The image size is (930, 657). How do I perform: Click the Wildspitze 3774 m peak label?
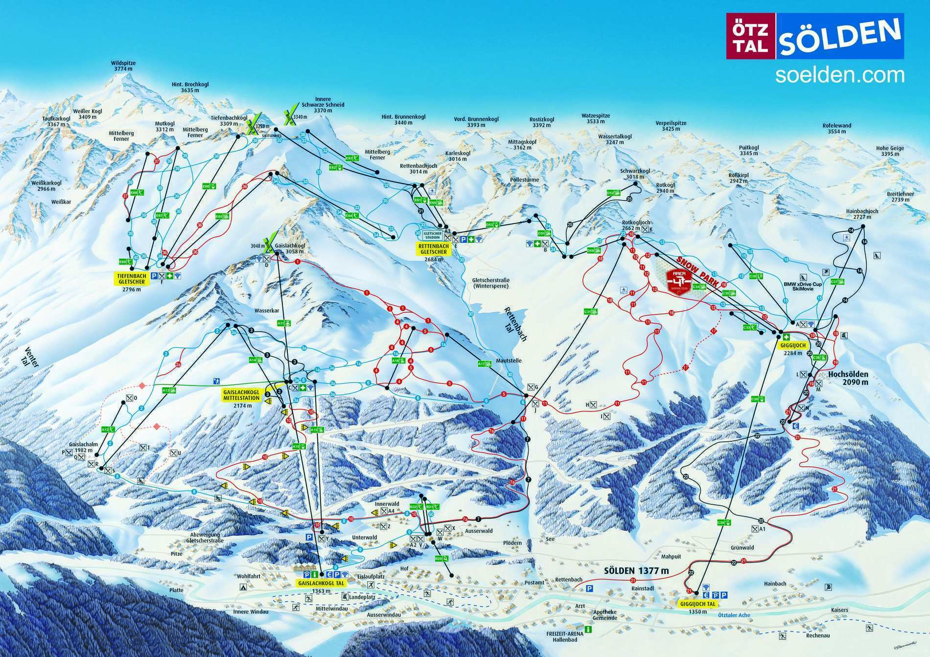tap(123, 66)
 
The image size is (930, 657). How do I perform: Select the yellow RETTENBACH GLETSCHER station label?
tap(432, 249)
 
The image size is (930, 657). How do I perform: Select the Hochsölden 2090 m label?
tap(848, 377)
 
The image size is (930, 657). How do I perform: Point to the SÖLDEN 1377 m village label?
tap(636, 571)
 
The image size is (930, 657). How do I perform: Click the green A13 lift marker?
tap(166, 390)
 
